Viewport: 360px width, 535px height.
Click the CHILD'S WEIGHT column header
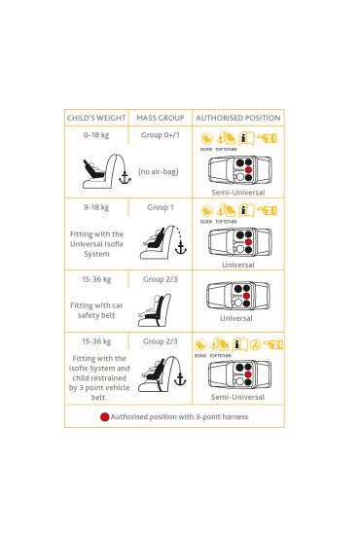pos(95,118)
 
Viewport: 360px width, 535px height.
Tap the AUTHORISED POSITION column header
pos(238,118)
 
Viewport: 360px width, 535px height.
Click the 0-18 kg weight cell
pos(95,135)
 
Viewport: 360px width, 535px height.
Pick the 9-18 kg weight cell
pos(95,207)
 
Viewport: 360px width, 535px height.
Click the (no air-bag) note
pos(159,172)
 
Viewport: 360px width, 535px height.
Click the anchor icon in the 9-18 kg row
pos(178,250)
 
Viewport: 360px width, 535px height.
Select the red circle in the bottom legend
pos(104,416)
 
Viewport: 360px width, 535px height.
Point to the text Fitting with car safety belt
pos(95,310)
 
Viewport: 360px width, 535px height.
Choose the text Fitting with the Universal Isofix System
pos(96,243)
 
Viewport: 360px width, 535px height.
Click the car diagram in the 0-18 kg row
pos(238,171)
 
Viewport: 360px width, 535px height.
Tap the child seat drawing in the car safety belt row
pos(157,311)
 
